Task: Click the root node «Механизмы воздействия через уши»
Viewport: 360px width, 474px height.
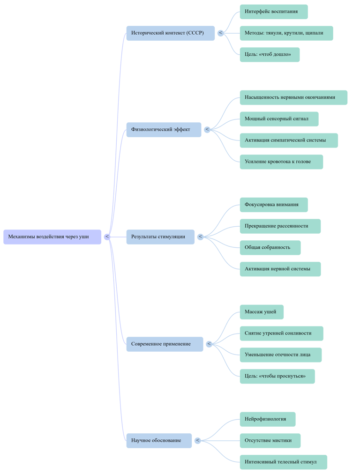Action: click(52, 237)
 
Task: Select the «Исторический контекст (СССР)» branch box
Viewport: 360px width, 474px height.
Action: click(171, 33)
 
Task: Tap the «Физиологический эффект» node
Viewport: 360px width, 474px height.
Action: click(164, 130)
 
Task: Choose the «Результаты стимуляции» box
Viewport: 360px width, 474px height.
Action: click(160, 237)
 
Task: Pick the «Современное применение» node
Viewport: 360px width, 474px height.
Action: click(165, 344)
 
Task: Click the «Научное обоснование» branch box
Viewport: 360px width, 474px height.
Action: click(159, 440)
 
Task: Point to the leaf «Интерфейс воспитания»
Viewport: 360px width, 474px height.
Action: click(274, 12)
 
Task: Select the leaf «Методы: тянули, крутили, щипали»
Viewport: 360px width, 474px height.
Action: click(286, 33)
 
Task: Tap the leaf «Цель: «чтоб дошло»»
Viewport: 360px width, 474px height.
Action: click(270, 54)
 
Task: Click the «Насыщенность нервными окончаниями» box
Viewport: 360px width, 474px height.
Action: click(293, 97)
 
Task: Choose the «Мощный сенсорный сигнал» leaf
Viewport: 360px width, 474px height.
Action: click(279, 119)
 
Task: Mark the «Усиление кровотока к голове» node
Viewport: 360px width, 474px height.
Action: click(281, 162)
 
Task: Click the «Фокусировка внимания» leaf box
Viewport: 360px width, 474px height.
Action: click(274, 205)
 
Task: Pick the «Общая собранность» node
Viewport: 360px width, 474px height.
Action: click(270, 248)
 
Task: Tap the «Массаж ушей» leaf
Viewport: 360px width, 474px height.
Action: click(262, 312)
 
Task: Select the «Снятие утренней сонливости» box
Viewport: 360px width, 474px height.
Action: click(282, 333)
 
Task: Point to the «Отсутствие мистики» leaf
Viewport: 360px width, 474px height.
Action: click(270, 440)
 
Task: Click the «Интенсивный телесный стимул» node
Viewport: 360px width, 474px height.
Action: click(284, 462)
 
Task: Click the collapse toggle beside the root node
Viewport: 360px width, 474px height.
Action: click(107, 237)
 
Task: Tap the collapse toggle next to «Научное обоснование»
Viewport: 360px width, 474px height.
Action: click(197, 440)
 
